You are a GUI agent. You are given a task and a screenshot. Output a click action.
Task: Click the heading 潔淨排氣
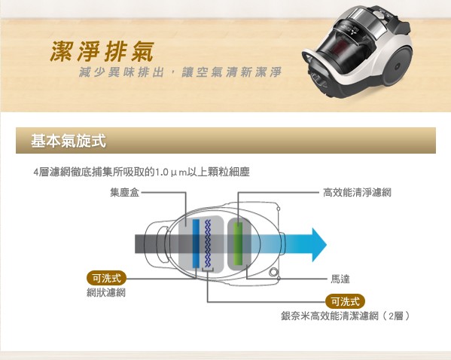click(102, 51)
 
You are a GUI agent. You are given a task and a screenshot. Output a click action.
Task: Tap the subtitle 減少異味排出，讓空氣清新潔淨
click(180, 72)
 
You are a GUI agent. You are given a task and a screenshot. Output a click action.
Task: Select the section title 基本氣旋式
click(69, 141)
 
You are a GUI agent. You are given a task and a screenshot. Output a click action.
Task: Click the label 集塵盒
click(124, 192)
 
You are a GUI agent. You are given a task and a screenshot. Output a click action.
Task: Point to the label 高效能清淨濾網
click(357, 192)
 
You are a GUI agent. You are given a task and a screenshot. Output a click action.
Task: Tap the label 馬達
click(340, 279)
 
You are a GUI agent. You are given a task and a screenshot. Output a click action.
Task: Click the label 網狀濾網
click(106, 293)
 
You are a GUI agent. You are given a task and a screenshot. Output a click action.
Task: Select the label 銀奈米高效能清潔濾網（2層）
click(345, 316)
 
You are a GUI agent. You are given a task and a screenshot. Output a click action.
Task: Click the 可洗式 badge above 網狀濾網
click(106, 278)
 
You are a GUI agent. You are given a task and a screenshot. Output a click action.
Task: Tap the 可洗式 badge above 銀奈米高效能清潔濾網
click(345, 301)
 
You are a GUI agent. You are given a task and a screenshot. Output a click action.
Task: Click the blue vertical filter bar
click(196, 243)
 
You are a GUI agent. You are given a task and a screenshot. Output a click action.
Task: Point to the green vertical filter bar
click(238, 243)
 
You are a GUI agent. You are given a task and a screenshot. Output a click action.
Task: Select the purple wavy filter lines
click(208, 243)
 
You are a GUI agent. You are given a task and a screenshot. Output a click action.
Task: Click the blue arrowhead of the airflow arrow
click(318, 245)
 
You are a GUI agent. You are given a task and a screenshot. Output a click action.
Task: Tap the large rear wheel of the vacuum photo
click(397, 66)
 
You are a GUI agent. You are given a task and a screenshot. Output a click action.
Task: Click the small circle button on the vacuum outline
click(273, 272)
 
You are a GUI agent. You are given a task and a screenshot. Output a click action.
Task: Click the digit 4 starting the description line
click(36, 172)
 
